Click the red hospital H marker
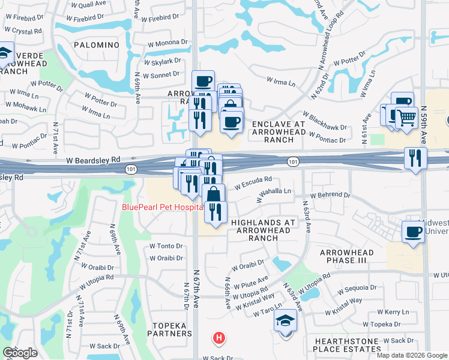pos(220,338)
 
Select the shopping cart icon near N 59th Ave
pos(406,117)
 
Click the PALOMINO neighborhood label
pos(97,45)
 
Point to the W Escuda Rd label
pos(253,181)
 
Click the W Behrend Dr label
pos(330,196)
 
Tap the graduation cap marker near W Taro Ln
pos(286,320)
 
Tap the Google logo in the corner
pos(20,353)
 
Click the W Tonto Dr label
pos(166,246)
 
